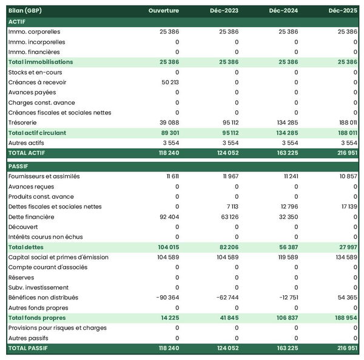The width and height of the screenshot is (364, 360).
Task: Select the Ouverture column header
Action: (164, 11)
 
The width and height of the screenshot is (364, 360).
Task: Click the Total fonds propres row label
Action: (37, 318)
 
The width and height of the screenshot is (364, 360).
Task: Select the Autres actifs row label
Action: (26, 142)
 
